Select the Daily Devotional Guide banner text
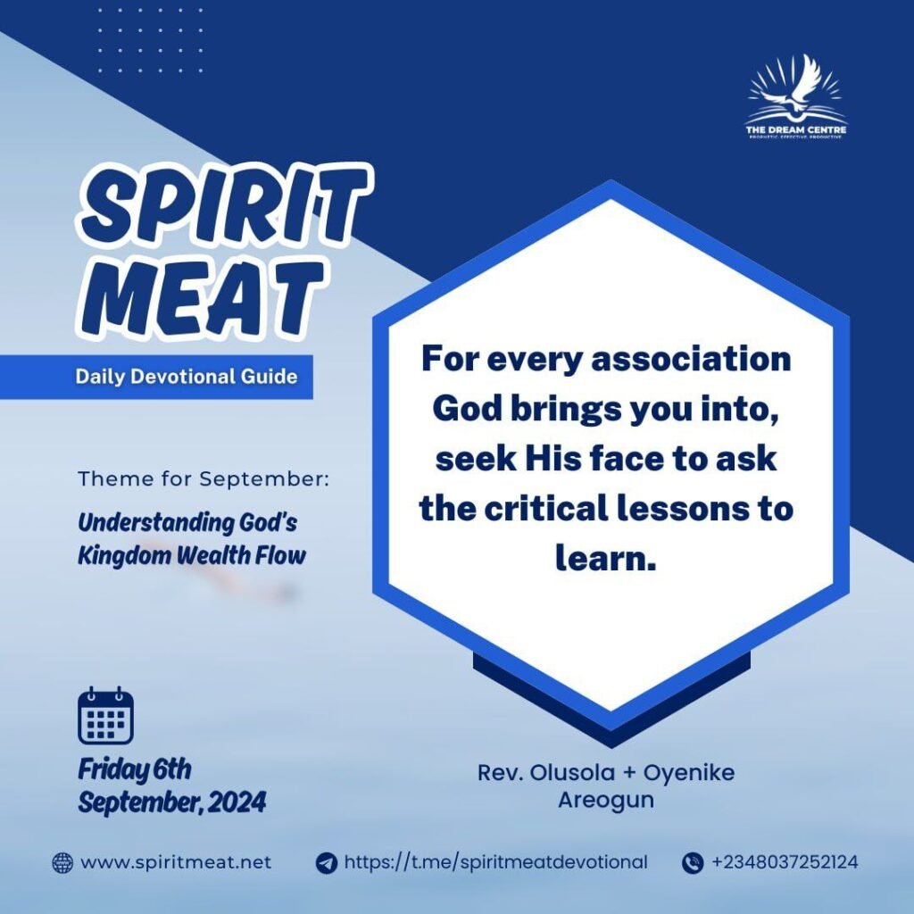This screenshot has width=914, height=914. (187, 377)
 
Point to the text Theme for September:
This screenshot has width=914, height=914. (204, 479)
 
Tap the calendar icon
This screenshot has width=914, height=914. (105, 716)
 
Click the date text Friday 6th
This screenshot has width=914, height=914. (135, 769)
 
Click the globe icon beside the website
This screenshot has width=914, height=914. (63, 863)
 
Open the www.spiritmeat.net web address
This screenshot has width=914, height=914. (176, 863)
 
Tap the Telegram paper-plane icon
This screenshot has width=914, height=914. (327, 863)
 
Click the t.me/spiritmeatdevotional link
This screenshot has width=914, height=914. (495, 862)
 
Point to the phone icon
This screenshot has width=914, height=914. (693, 863)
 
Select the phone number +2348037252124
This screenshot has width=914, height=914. (785, 862)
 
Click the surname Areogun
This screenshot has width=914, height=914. (606, 801)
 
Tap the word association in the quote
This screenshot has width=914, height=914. (692, 359)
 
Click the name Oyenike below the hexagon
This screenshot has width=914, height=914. (688, 773)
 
